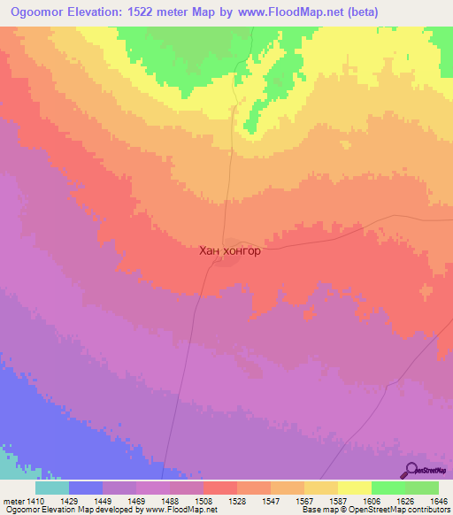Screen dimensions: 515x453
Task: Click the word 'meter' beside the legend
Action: click(x=14, y=500)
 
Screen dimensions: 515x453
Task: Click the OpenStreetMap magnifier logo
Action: click(x=411, y=471)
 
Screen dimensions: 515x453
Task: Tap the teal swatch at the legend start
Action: click(x=52, y=488)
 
